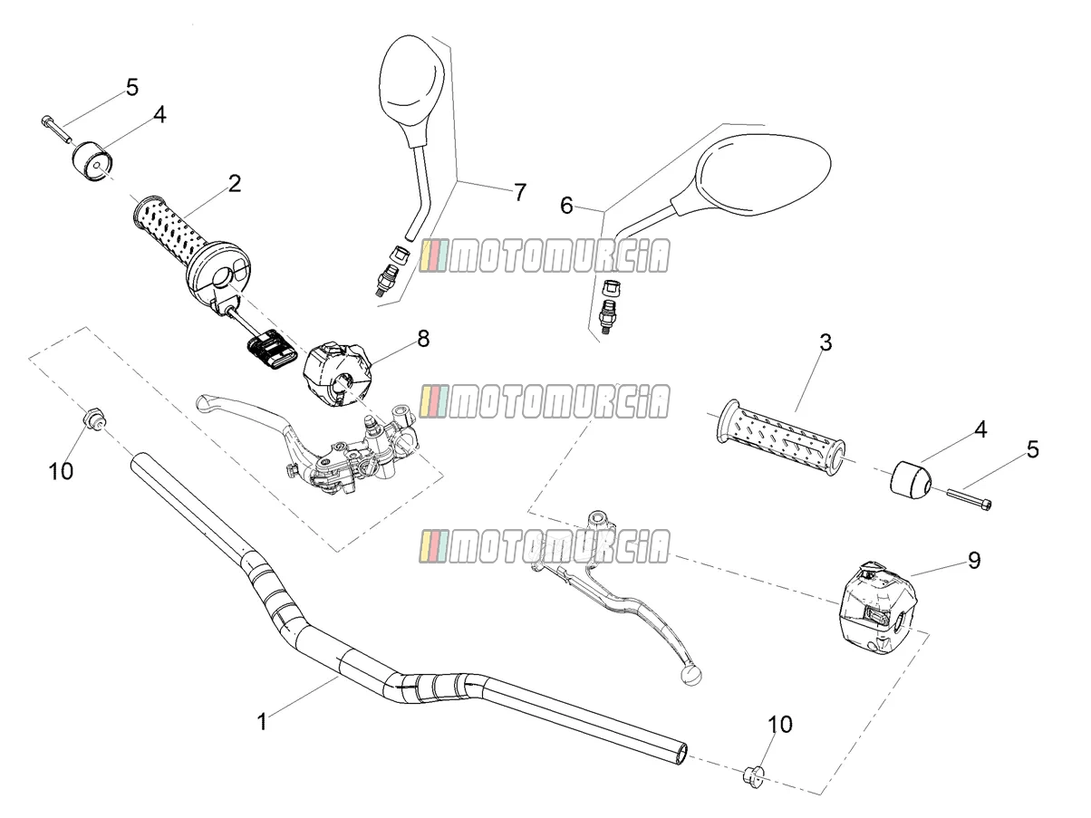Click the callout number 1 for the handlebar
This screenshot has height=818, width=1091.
click(262, 722)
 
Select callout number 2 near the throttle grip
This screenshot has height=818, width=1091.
click(235, 184)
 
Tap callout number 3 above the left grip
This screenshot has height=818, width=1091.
click(825, 342)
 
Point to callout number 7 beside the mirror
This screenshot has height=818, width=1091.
click(519, 192)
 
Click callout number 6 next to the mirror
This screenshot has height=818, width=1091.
click(566, 205)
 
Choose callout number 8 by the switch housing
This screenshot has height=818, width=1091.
click(423, 339)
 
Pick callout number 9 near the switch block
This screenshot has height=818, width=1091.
click(974, 560)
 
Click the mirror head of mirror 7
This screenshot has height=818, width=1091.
click(411, 90)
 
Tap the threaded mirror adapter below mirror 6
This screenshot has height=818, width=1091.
click(606, 316)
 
